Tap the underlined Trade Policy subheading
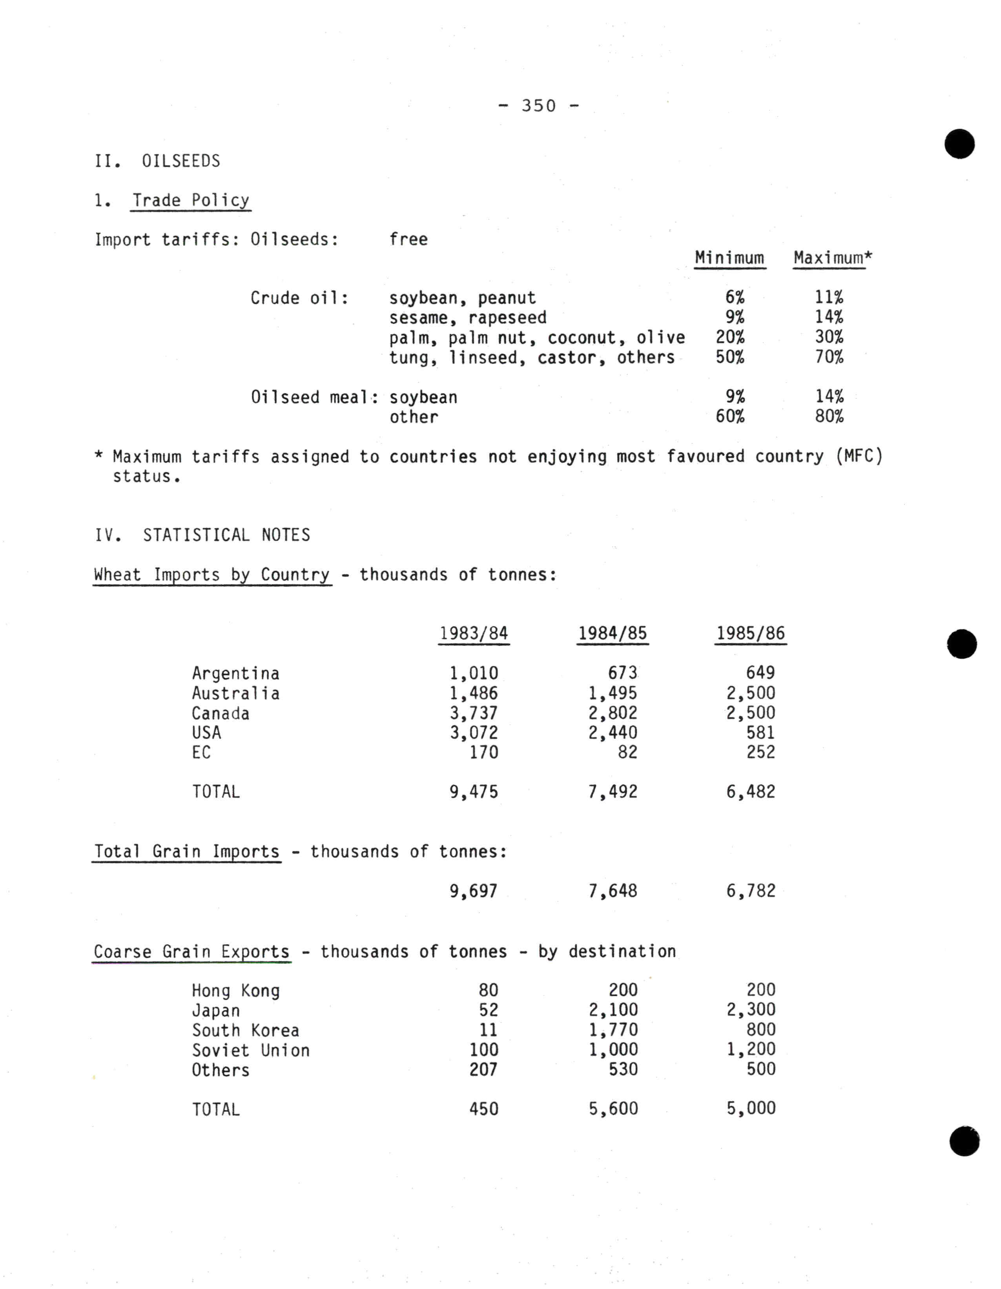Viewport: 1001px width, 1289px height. click(x=191, y=201)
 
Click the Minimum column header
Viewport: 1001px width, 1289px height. click(x=729, y=258)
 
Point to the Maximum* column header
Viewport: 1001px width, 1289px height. click(x=832, y=258)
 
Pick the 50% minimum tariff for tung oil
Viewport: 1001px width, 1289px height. click(x=730, y=357)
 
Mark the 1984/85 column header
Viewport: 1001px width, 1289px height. click(x=613, y=633)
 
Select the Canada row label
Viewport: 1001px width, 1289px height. click(x=220, y=713)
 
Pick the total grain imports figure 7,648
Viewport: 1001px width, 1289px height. click(x=613, y=891)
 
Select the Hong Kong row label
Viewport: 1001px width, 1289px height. click(x=235, y=990)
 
